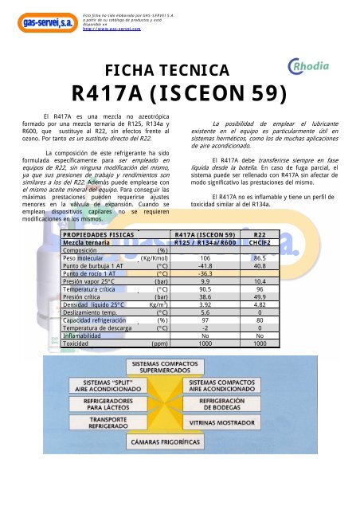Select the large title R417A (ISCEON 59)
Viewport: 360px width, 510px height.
pyautogui.click(x=178, y=96)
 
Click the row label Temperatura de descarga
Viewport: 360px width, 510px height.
pyautogui.click(x=99, y=328)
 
